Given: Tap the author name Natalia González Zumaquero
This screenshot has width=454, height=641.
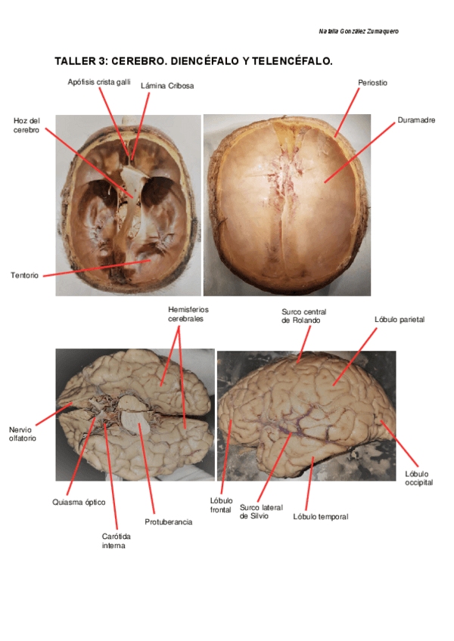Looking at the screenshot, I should click(359, 31).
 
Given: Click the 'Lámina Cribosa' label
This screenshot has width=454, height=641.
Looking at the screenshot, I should click(167, 86).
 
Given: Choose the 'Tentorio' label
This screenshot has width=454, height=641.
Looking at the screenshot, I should click(25, 275).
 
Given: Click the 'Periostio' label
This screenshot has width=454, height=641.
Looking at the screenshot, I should click(372, 82).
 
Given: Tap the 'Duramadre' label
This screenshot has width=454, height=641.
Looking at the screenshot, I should click(416, 120).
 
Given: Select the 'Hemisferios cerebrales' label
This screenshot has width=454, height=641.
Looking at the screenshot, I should click(188, 314).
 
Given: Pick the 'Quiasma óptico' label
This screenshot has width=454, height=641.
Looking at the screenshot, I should click(79, 502).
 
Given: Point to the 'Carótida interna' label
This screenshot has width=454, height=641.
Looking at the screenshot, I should click(113, 540).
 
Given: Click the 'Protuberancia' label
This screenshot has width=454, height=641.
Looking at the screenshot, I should click(168, 522).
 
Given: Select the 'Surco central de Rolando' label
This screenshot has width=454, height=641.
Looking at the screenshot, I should click(303, 315).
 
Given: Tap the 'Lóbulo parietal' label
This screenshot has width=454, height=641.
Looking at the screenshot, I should click(400, 320).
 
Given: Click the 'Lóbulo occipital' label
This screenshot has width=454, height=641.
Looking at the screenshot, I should click(418, 478).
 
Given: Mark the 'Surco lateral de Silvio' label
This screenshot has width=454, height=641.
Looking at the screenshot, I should click(261, 512).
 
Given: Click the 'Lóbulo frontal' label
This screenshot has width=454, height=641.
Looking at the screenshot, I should click(221, 504).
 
